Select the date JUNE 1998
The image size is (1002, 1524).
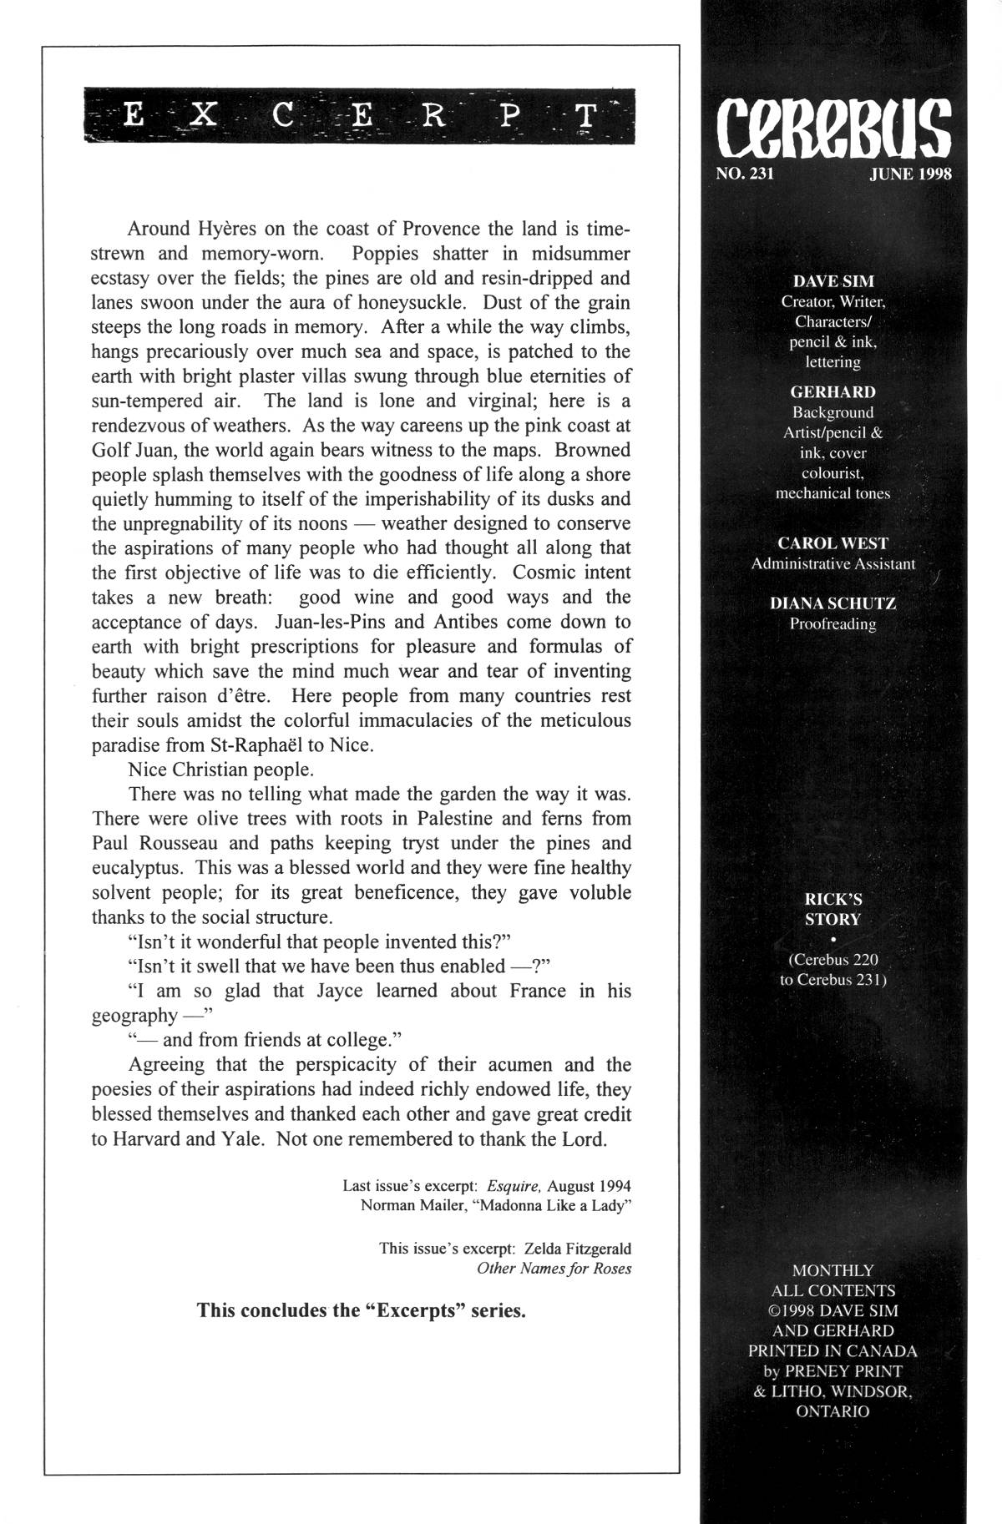click(910, 174)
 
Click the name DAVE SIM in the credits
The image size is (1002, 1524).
click(832, 281)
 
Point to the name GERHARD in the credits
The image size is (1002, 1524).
click(832, 391)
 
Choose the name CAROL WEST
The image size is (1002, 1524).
click(832, 542)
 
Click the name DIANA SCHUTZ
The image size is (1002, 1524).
click(832, 603)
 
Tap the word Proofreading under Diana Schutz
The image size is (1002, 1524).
click(832, 624)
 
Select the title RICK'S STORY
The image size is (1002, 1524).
click(832, 909)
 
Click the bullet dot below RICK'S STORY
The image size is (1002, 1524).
click(833, 939)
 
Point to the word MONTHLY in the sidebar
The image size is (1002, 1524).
click(832, 1270)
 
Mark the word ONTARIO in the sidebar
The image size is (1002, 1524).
click(832, 1411)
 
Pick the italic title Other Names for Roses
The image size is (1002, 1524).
click(554, 1269)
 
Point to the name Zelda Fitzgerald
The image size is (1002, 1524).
click(578, 1249)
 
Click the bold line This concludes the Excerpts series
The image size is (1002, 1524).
click(361, 1310)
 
